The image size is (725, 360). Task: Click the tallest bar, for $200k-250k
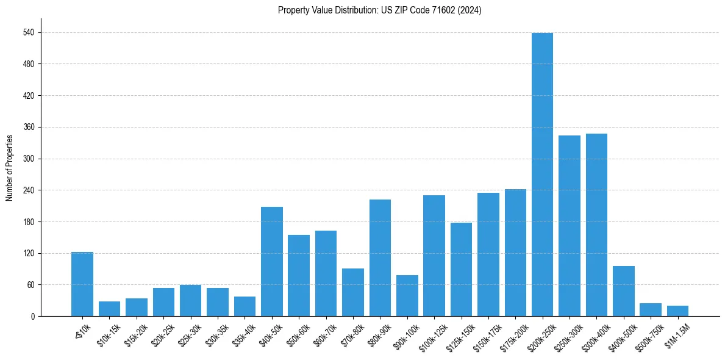coord(542,175)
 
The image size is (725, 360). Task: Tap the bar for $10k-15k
coord(110,309)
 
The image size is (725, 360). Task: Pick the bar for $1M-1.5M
coord(677,311)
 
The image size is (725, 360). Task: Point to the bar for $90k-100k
coord(407,295)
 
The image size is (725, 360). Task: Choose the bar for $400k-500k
coord(623,291)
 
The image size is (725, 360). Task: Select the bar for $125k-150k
coord(461,269)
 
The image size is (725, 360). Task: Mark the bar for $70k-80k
coord(353,292)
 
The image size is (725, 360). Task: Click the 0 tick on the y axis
coord(34,316)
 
